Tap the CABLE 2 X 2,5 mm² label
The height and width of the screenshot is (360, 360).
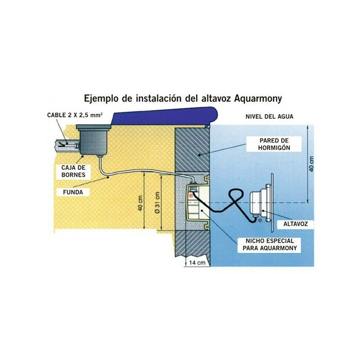coord(75,115)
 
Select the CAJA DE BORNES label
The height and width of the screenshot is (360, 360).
coord(73,171)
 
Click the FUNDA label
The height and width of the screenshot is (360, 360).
coord(73,192)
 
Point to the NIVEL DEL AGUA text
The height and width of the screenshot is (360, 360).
coord(270,117)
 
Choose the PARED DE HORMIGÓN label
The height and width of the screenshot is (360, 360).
coord(274,144)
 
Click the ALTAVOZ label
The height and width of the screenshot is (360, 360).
coord(296,224)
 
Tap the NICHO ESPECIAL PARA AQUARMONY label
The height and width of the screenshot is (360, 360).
coord(270,244)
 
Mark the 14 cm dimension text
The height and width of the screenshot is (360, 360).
coord(197,263)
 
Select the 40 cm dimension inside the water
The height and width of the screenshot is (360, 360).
coord(311,164)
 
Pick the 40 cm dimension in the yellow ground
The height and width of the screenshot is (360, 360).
coord(140,203)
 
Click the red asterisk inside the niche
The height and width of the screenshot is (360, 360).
coord(190,196)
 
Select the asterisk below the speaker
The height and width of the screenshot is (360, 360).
coord(260,220)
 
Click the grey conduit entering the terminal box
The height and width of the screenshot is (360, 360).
coord(66,145)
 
